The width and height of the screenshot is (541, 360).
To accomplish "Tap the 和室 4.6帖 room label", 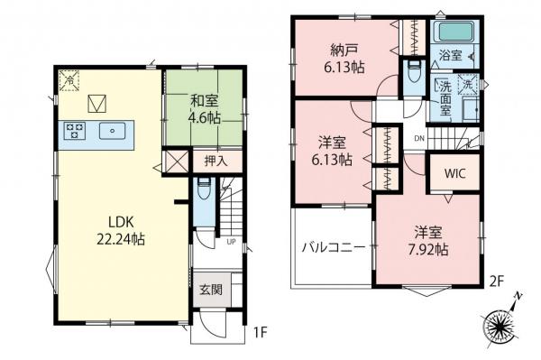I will point(205,111).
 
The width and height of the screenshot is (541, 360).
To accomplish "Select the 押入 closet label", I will point(215,161).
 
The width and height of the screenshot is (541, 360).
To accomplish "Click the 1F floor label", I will point(260,333).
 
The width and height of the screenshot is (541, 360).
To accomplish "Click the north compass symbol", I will point(502,320).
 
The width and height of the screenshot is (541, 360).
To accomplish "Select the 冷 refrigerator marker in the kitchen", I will point(69,81).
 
